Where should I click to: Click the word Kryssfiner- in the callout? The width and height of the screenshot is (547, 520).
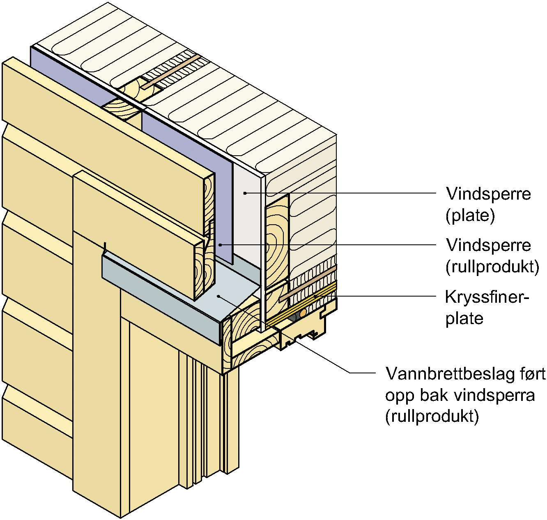point(486,297)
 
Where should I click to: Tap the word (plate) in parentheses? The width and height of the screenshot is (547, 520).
point(470,215)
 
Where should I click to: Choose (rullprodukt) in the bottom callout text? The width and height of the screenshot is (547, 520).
point(432,416)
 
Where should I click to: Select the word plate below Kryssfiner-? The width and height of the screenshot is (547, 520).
point(464,319)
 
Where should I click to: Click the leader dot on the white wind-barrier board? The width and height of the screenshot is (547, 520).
point(245,192)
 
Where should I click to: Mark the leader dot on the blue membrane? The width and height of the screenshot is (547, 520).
point(220,245)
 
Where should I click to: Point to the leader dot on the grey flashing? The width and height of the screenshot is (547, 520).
point(219,295)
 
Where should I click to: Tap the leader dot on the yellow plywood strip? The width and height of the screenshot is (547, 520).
point(315,296)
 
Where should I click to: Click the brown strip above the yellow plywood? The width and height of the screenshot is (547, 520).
point(308,283)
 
